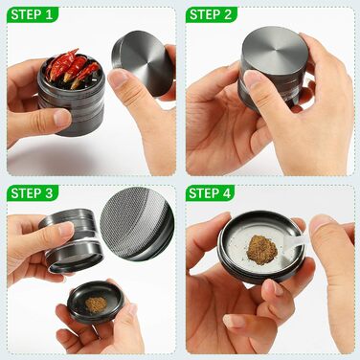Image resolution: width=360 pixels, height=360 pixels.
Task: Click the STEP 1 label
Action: pos(32,14)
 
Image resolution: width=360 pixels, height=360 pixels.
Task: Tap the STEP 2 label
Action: pos(211,14)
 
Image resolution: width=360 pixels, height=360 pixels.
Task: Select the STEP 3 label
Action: pos(32,193)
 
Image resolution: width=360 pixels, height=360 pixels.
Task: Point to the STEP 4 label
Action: pos(210,193)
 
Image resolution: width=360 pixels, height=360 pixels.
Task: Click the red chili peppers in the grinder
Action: pos(72,69)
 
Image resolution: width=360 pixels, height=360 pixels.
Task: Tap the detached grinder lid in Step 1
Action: pos(142,63)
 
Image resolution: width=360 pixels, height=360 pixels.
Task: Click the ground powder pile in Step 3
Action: pos(96,304)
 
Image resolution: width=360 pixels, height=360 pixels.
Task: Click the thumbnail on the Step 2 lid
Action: pos(253,79)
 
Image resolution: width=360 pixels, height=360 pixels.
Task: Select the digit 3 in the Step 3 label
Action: pos(49,193)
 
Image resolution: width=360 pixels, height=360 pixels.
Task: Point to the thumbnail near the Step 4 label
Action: pos(321,224)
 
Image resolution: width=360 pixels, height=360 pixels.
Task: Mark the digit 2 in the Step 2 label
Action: pos(228,14)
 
